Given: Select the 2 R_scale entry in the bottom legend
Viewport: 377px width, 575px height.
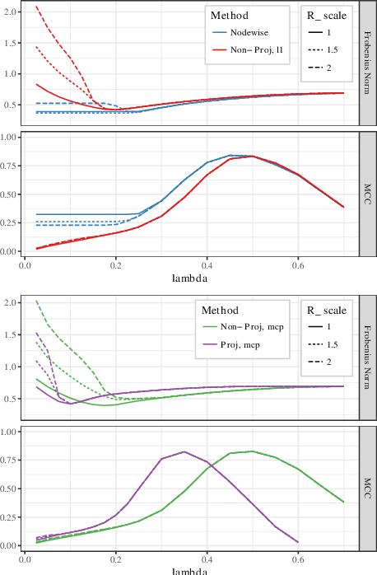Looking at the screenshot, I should coord(328,362).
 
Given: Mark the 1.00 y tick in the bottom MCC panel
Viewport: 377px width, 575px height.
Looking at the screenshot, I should coord(9,432).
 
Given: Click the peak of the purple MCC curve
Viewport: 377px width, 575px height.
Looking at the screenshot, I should coord(184,451).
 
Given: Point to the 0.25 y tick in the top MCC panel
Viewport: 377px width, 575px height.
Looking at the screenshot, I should coord(9,222).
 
